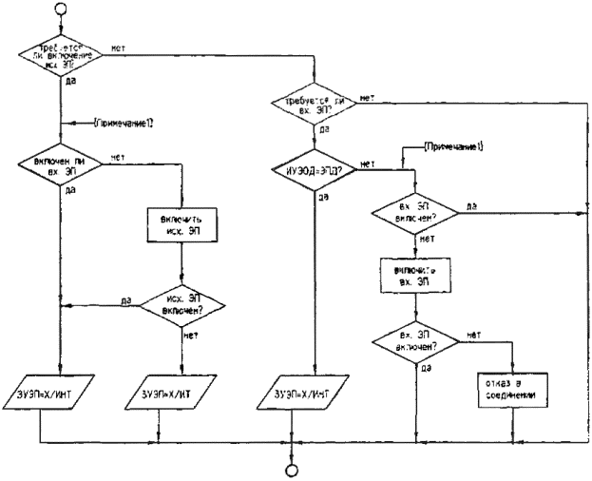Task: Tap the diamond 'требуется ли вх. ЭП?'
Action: pyautogui.click(x=314, y=105)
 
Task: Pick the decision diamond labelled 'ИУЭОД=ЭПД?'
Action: pyautogui.click(x=313, y=172)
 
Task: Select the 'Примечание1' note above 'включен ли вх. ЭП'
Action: pyautogui.click(x=127, y=121)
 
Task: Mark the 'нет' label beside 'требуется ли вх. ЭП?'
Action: pyautogui.click(x=368, y=97)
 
